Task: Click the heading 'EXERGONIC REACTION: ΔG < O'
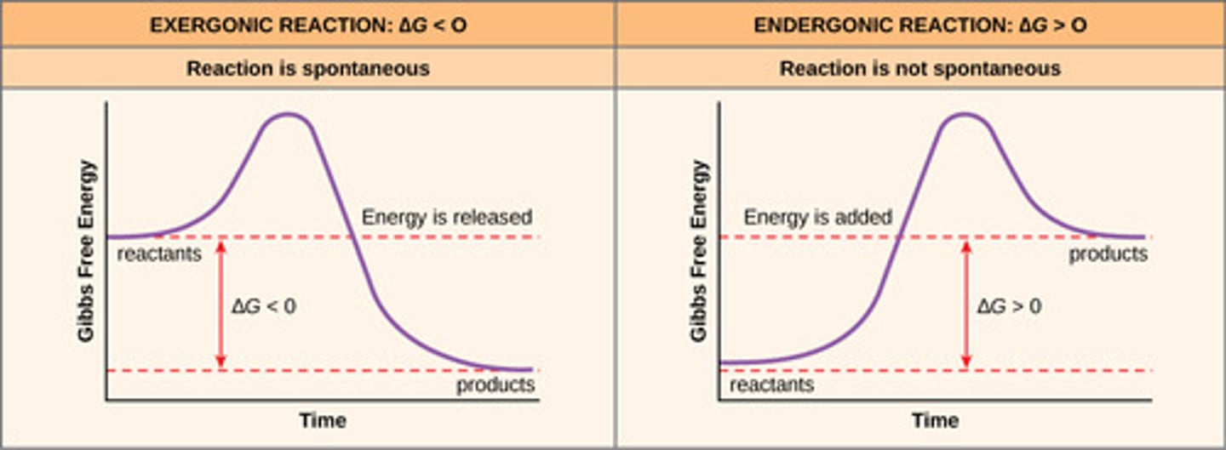click(307, 25)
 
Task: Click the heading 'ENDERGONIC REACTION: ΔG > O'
click(919, 25)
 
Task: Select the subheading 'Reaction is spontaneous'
click(307, 68)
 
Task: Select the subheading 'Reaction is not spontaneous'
click(919, 68)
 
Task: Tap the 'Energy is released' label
click(446, 218)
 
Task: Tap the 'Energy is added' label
click(817, 218)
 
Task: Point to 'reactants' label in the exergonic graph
click(159, 253)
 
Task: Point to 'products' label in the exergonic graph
click(496, 385)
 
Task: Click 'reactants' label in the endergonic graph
click(772, 385)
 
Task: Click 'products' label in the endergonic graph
click(1108, 253)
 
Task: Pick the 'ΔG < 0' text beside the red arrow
click(264, 306)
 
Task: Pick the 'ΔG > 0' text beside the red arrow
click(1009, 306)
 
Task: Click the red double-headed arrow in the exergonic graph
click(221, 304)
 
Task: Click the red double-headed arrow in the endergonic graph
click(965, 304)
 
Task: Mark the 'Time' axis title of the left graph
click(323, 421)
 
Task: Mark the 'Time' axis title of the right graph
click(935, 421)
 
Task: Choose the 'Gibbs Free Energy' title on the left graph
click(87, 250)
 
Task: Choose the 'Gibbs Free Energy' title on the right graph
click(699, 250)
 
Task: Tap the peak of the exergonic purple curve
click(288, 114)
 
